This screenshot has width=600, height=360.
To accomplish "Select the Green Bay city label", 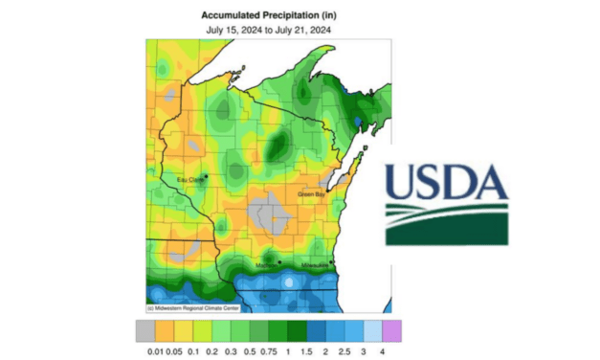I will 313,194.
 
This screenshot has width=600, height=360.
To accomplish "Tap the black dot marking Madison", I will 278,261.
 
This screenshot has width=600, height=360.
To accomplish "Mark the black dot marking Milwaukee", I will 331,261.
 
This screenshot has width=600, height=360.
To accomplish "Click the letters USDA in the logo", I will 446,182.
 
